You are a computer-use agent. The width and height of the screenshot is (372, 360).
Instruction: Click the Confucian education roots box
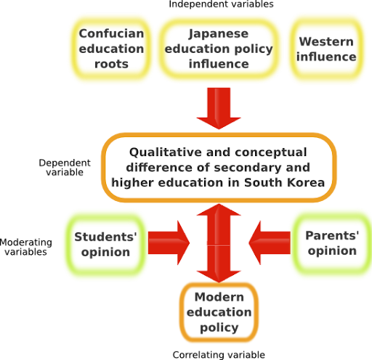click(111, 47)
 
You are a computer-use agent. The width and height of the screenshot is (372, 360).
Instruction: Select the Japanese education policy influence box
click(219, 48)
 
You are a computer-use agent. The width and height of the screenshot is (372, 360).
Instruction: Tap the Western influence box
click(326, 48)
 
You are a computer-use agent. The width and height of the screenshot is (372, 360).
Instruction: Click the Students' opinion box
click(105, 245)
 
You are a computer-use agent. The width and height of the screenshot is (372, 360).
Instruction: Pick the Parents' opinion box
click(332, 244)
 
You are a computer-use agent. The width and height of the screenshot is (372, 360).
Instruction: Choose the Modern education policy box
click(219, 312)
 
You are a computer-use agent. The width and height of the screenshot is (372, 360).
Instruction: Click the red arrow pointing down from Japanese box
click(219, 107)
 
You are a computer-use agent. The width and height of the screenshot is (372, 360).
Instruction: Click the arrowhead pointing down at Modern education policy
click(219, 270)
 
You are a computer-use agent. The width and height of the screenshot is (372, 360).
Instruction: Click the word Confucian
click(111, 33)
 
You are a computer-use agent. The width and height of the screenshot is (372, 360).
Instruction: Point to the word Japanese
click(218, 33)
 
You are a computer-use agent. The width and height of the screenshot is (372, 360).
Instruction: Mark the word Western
click(327, 41)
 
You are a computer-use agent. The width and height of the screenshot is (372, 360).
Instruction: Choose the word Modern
click(219, 298)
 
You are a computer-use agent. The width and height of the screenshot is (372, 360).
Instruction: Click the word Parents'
click(333, 237)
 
